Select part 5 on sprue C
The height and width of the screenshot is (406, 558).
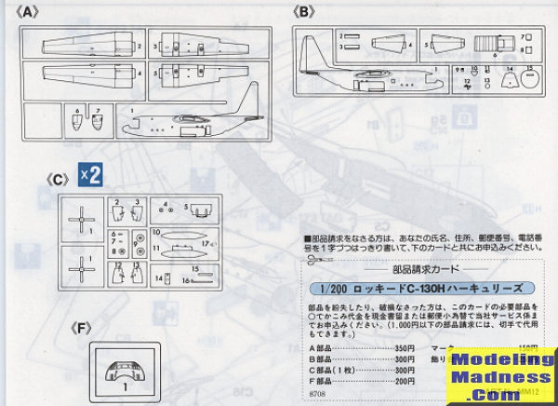click(x=199, y=208)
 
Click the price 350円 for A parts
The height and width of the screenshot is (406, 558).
click(x=378, y=349)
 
